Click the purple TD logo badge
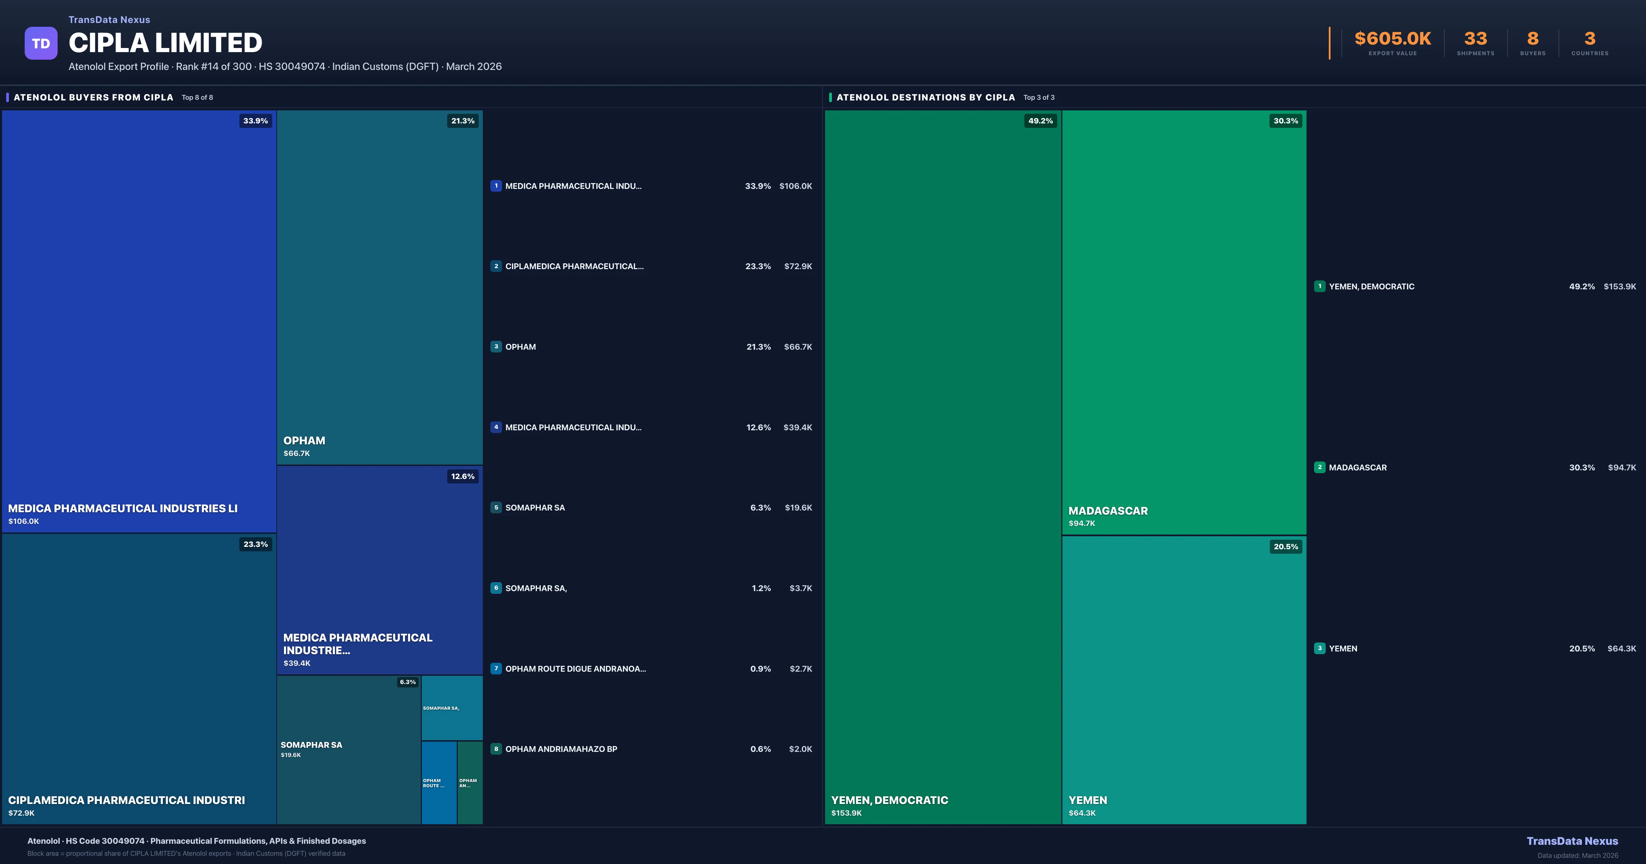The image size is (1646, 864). click(x=41, y=44)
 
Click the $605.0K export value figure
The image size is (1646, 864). click(x=1392, y=39)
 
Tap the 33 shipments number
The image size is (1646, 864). click(x=1475, y=39)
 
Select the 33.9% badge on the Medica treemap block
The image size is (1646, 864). click(x=255, y=121)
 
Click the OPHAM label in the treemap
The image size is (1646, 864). click(x=304, y=440)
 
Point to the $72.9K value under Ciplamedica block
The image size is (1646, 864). click(x=22, y=813)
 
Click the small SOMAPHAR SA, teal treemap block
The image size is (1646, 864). click(x=452, y=708)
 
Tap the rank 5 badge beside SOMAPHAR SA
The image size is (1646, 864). click(x=496, y=507)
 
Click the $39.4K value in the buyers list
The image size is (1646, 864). click(x=797, y=428)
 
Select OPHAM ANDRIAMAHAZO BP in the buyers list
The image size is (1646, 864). click(x=561, y=749)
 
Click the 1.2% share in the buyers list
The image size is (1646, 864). click(x=761, y=588)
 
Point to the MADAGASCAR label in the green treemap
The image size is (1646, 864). click(x=1108, y=511)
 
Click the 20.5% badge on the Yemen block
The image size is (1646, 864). click(x=1286, y=547)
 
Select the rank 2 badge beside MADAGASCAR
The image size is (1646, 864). click(x=1320, y=467)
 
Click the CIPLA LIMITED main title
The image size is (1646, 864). click(x=166, y=43)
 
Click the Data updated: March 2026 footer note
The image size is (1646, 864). click(x=1578, y=855)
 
